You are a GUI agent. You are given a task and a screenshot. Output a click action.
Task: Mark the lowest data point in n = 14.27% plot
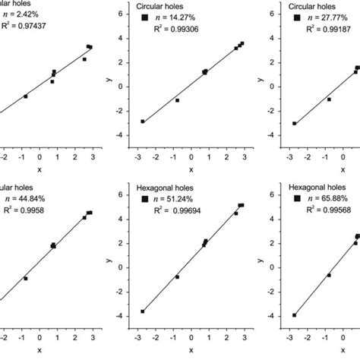tap(143, 122)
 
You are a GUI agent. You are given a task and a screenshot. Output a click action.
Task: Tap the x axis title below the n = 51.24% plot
tap(191, 350)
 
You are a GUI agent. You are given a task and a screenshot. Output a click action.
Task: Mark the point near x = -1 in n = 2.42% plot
tap(25, 96)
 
